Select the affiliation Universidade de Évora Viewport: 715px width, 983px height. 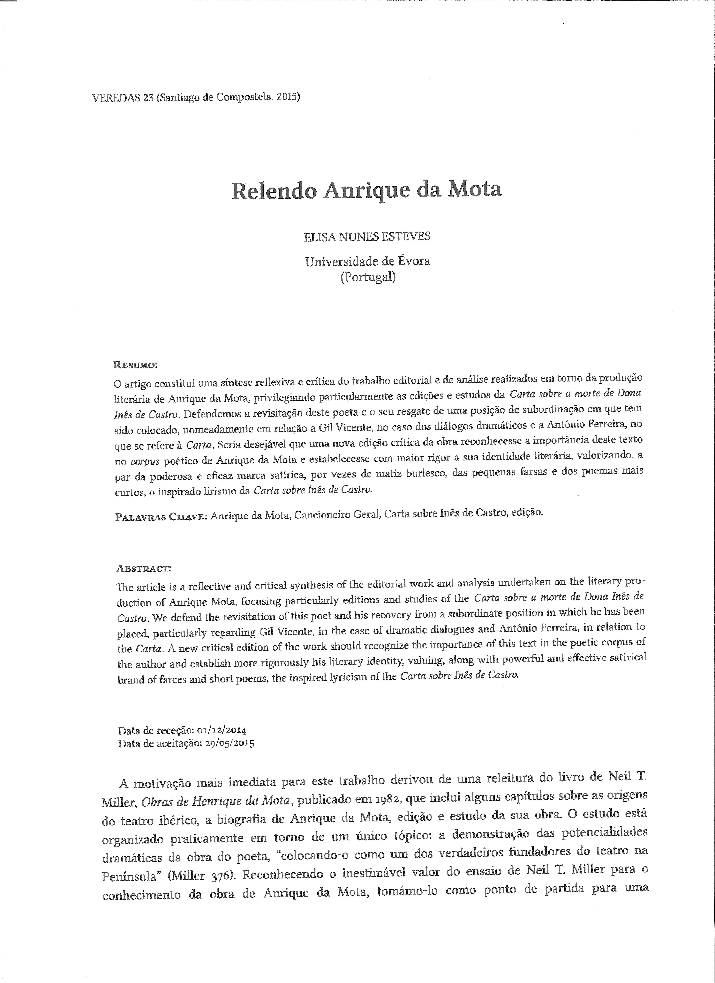(x=368, y=261)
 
